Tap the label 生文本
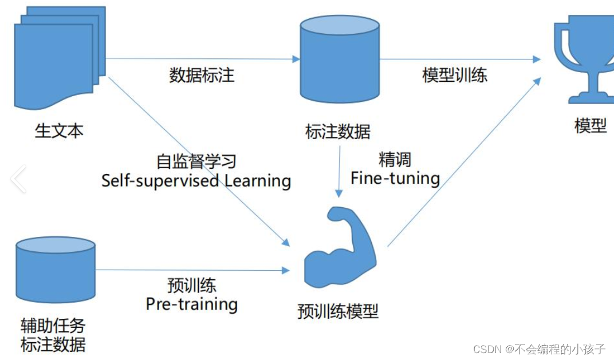tap(59, 130)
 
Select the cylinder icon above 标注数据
tap(340, 59)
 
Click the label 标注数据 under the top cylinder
tap(337, 132)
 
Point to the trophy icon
tap(584, 60)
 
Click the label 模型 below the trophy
tap(590, 125)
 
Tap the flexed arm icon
tap(340, 247)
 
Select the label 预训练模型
tap(338, 311)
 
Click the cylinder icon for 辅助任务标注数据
tap(56, 270)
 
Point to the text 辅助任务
tap(53, 326)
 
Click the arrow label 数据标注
tap(202, 75)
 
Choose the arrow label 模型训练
tap(455, 75)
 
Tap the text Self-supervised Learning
tap(196, 181)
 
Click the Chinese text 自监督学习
tap(196, 161)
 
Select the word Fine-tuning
tap(395, 179)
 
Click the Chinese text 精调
tap(395, 159)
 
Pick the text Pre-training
tap(191, 304)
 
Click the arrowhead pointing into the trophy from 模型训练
tap(537, 60)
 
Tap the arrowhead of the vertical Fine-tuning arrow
tap(339, 193)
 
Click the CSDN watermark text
tap(540, 349)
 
